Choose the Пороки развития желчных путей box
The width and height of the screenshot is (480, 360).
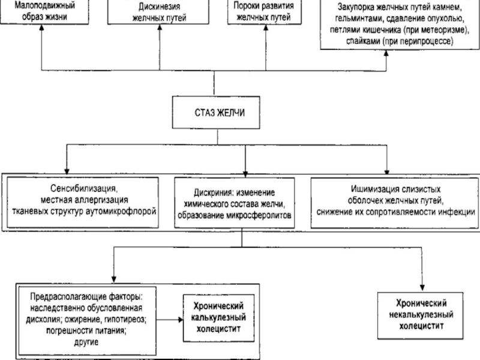263,12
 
